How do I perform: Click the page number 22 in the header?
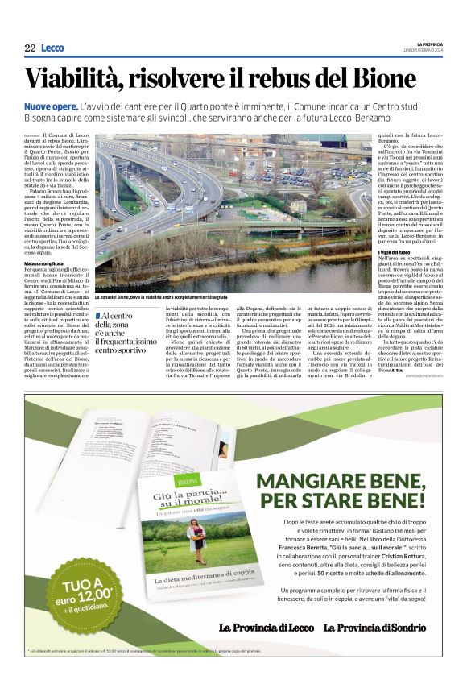pos(30,48)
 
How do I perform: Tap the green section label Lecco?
pos(52,48)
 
